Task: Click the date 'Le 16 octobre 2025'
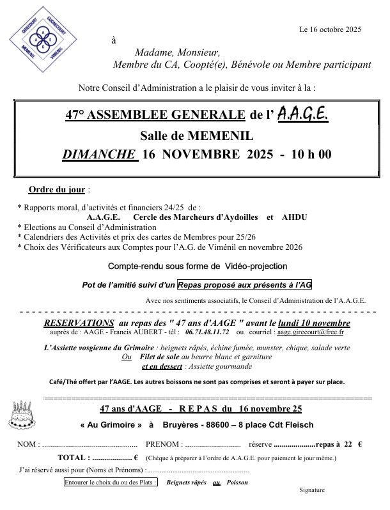(331, 29)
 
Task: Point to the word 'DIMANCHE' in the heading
(98, 154)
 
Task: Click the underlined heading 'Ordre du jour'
(57, 190)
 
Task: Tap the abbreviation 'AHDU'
(294, 217)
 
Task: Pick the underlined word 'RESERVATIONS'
(79, 323)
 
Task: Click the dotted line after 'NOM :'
(90, 445)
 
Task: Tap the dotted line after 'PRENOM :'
(212, 445)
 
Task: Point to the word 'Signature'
(312, 490)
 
